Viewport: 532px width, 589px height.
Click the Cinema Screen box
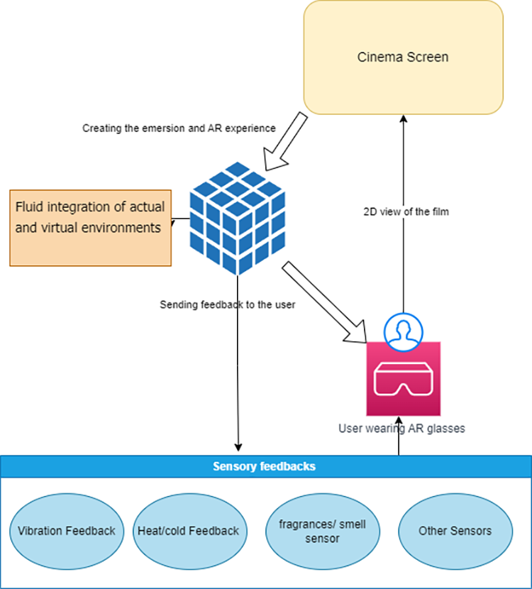tap(402, 57)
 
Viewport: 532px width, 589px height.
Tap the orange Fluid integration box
tap(90, 227)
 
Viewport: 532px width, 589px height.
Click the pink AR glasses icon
tap(403, 379)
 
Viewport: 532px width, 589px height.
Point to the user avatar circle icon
tap(403, 329)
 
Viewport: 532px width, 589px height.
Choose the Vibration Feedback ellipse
tap(67, 531)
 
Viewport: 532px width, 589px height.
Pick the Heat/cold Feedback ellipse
tap(188, 531)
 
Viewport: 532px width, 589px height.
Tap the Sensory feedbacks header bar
tap(265, 467)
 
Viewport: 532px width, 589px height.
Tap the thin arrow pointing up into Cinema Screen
tap(403, 213)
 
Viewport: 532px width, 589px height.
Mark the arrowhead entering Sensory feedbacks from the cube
tap(238, 447)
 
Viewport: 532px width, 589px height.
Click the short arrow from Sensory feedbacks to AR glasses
tap(399, 444)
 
